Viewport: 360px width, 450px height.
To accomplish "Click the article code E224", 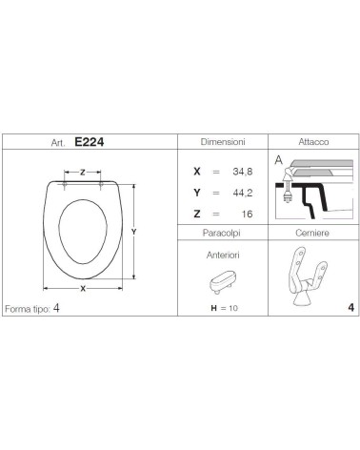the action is [x=90, y=142].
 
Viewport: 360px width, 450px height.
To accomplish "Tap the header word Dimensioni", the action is [x=223, y=142].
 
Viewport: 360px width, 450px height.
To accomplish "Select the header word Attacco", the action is [x=313, y=142].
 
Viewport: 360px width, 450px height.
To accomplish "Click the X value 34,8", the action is [x=243, y=172].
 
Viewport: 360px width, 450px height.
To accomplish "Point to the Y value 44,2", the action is [x=243, y=193].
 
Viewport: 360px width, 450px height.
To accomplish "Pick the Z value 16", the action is [x=247, y=214].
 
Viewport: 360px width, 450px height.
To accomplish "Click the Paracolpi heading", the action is [x=222, y=233].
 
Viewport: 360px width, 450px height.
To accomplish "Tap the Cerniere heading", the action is [x=312, y=233].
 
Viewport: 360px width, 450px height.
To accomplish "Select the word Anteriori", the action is [x=223, y=255].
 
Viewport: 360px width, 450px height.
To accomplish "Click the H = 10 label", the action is [x=224, y=308].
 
